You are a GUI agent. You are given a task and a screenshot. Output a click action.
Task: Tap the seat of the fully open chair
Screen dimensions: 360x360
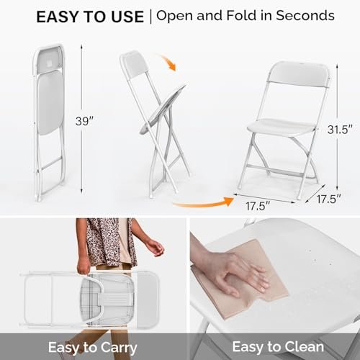pyautogui.click(x=285, y=125)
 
